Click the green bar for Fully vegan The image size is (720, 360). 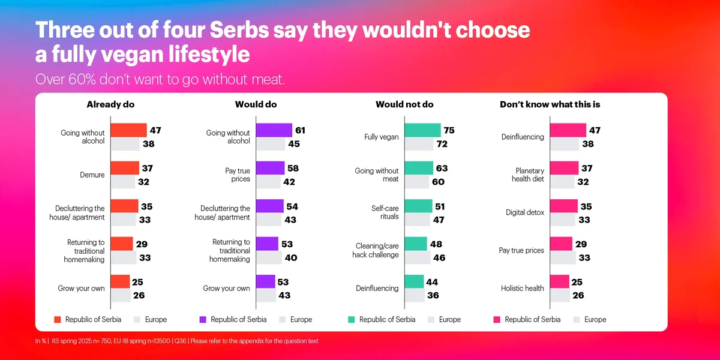click(x=422, y=130)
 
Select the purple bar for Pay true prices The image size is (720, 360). click(x=270, y=168)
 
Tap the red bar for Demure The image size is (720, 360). click(x=125, y=168)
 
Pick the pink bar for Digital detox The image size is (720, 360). click(x=564, y=206)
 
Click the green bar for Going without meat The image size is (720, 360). click(x=419, y=168)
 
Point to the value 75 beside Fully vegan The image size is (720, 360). click(x=449, y=130)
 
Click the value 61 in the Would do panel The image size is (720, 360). click(x=300, y=130)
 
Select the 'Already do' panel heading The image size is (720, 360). click(x=110, y=104)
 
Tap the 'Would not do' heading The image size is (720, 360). click(x=404, y=104)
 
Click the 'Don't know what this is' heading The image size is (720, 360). click(x=550, y=104)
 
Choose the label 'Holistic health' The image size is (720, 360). click(x=523, y=288)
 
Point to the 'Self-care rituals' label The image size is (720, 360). click(x=385, y=212)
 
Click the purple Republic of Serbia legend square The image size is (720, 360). click(x=203, y=320)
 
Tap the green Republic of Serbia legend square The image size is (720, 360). click(x=352, y=320)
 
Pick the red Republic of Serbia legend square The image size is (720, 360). click(x=58, y=320)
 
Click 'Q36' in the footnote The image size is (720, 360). click(x=180, y=341)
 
